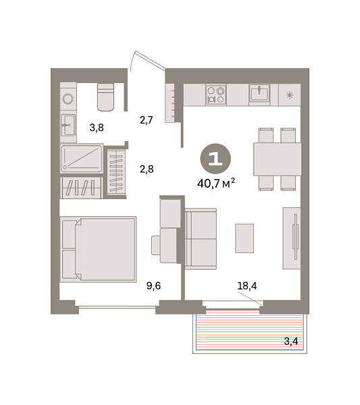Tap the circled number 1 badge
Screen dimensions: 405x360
(215, 159)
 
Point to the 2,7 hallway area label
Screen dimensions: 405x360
(147, 121)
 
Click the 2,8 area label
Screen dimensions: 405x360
(147, 169)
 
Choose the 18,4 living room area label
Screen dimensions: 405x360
(247, 286)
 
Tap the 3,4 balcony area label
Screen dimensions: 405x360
(291, 342)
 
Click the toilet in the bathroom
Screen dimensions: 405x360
(106, 97)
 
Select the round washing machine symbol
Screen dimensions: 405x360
(68, 99)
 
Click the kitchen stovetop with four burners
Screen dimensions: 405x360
(216, 94)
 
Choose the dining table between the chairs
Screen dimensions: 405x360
(277, 159)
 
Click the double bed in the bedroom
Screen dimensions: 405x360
(98, 248)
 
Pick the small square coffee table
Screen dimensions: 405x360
(245, 237)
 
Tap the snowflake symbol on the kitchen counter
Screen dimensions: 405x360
(290, 94)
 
